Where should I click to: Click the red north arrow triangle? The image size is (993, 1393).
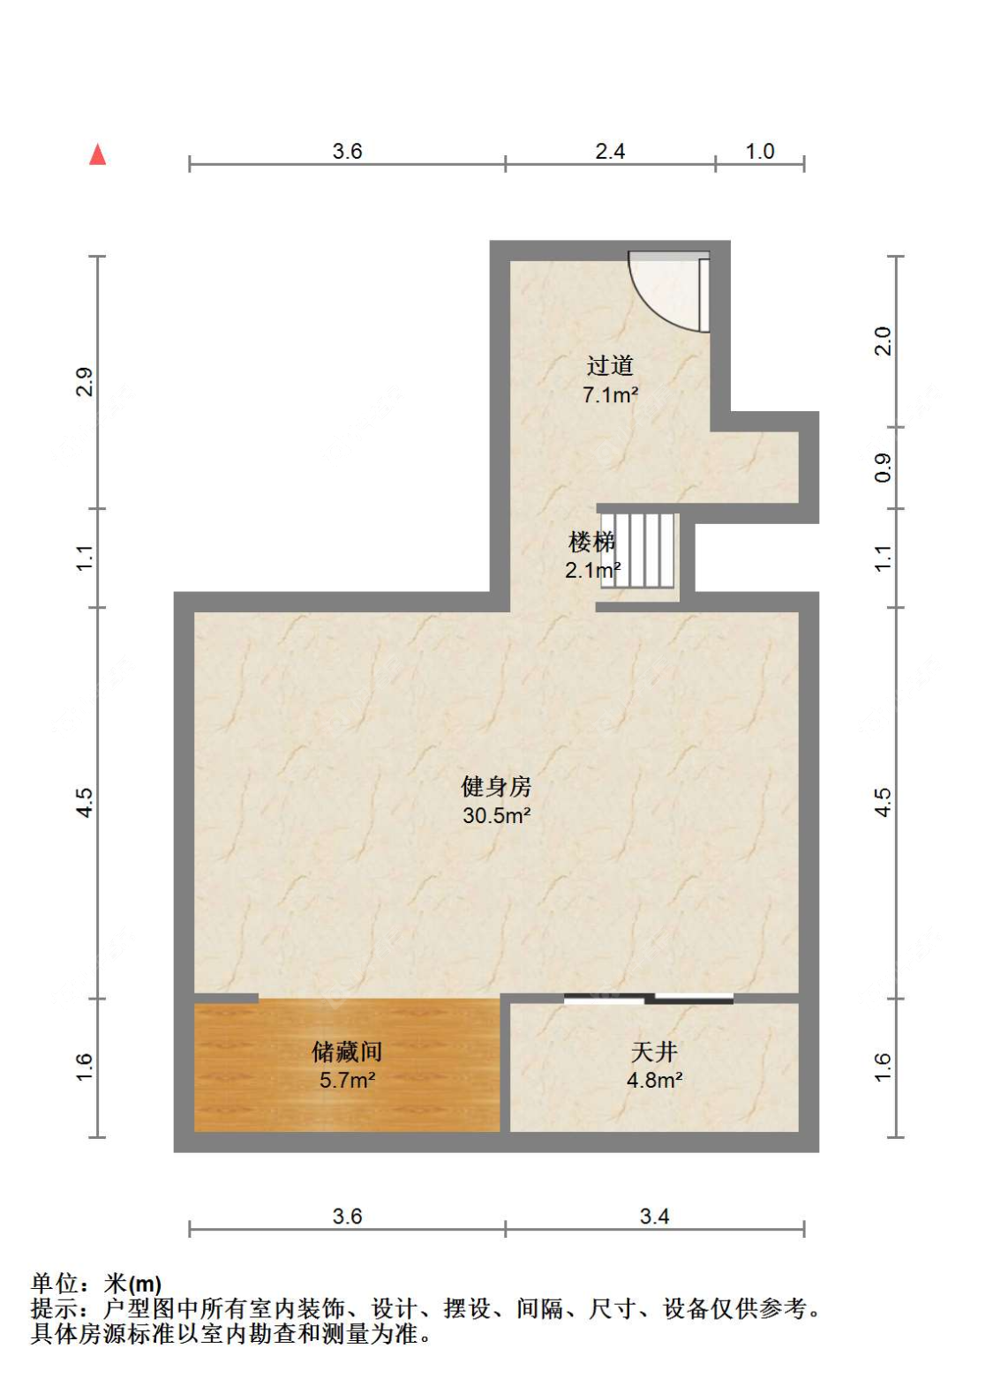point(97,155)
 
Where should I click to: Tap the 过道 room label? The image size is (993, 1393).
point(610,365)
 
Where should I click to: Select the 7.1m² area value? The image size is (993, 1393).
point(610,394)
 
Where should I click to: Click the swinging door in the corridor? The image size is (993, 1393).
point(669,292)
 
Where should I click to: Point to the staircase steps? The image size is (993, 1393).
point(637,550)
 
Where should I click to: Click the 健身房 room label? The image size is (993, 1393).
point(496,787)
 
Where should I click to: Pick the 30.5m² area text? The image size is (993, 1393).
point(496,815)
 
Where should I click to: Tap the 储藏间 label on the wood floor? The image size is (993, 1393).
point(347,1052)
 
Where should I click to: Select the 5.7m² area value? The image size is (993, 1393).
point(347,1080)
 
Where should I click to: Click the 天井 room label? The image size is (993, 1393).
point(654,1052)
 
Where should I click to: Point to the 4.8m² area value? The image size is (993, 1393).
point(655,1080)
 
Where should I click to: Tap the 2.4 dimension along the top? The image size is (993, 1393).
point(610,151)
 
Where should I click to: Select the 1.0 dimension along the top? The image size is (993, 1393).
point(760,151)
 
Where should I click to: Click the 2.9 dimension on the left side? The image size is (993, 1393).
point(85,382)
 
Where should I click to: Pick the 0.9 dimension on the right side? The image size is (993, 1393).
point(883,468)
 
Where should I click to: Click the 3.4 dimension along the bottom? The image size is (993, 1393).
point(655,1216)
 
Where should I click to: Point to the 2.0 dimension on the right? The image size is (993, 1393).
point(883,341)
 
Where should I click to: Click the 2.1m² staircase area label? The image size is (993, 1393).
point(592,570)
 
